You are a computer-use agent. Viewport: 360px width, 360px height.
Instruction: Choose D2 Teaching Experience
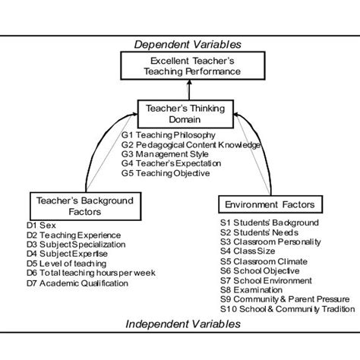[x=71, y=235]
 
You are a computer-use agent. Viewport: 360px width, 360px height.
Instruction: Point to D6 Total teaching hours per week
[x=90, y=273]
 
